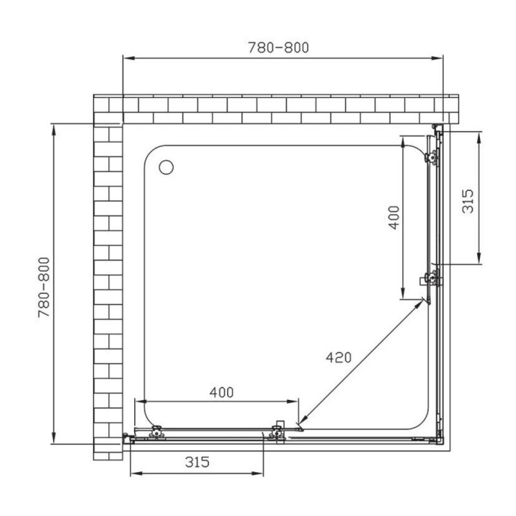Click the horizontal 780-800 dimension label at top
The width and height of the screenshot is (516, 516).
click(x=279, y=47)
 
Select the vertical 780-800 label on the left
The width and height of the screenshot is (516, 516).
click(x=44, y=287)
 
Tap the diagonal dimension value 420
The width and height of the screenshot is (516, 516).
click(x=339, y=357)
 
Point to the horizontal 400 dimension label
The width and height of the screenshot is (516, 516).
click(x=221, y=392)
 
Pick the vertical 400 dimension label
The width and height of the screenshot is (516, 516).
click(x=394, y=217)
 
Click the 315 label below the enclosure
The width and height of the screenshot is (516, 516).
click(x=197, y=462)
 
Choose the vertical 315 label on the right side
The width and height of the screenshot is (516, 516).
click(x=468, y=201)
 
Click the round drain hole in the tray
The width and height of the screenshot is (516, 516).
click(x=166, y=167)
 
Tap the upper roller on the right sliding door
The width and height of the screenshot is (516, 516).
click(x=432, y=157)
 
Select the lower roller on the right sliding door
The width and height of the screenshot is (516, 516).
click(x=432, y=278)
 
